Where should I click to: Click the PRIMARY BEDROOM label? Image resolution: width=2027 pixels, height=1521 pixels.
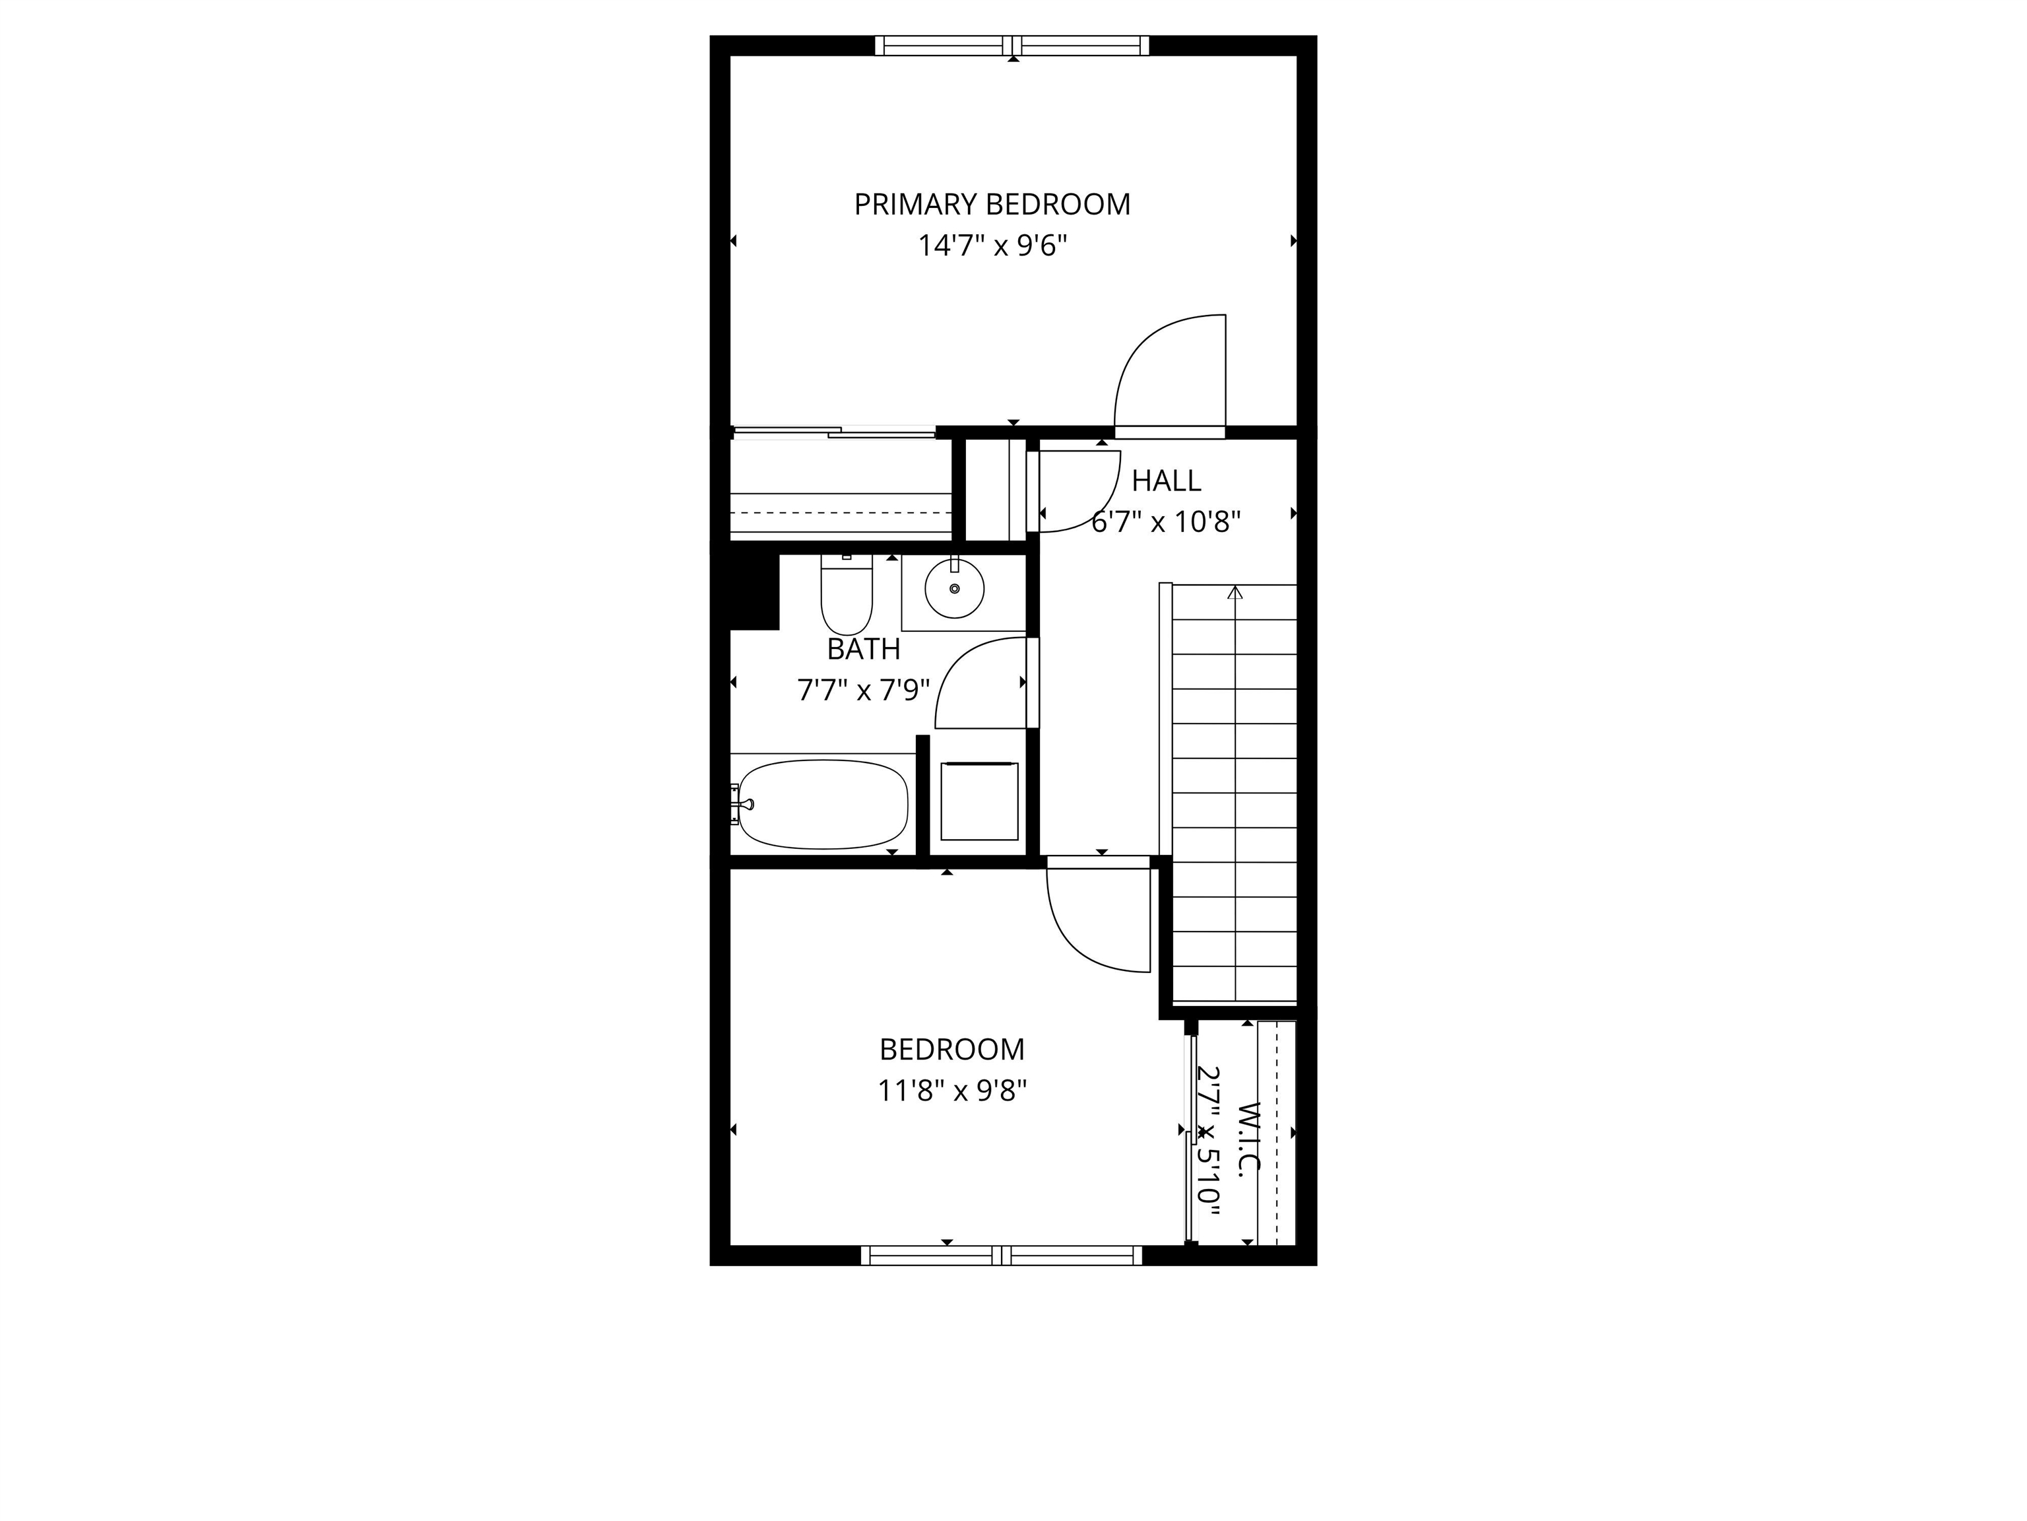point(992,203)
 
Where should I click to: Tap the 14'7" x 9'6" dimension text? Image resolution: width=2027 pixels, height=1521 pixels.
point(992,246)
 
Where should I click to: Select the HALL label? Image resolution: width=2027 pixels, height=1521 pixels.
point(1166,481)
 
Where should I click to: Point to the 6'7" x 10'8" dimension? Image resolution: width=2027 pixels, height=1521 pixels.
point(1166,522)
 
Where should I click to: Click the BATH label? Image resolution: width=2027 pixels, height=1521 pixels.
point(863,649)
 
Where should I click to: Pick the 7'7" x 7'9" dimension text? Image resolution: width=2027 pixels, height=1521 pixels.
point(863,689)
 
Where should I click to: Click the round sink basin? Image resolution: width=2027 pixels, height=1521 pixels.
point(954,589)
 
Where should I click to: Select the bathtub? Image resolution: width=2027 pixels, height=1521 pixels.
point(822,804)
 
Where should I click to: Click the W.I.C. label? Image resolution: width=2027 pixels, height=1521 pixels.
point(1248,1137)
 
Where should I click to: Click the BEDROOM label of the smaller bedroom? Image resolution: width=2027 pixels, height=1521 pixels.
point(952,1049)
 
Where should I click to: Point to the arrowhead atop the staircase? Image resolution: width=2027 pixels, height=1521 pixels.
point(1235,593)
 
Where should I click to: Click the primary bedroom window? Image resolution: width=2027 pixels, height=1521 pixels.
point(1012,45)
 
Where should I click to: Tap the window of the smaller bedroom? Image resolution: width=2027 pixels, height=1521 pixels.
point(1002,1255)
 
